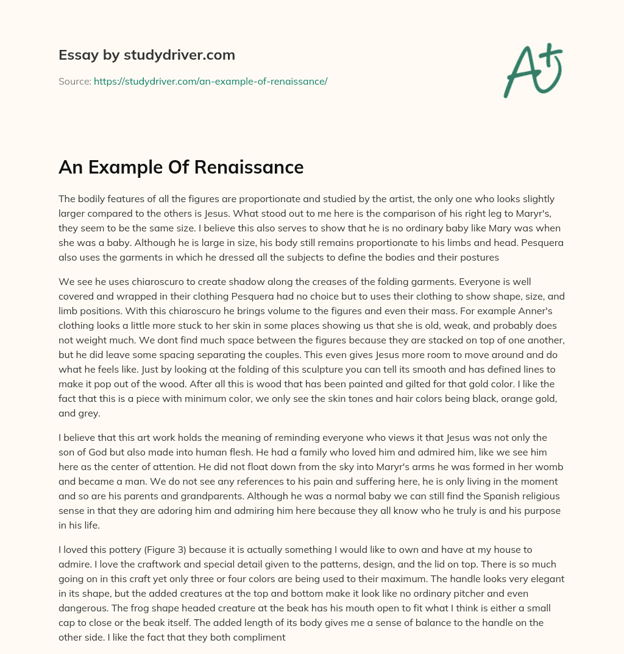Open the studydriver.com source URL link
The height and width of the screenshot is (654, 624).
[210, 81]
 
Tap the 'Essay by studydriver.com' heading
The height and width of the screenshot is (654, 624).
[146, 55]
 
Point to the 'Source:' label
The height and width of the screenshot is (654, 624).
[75, 81]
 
